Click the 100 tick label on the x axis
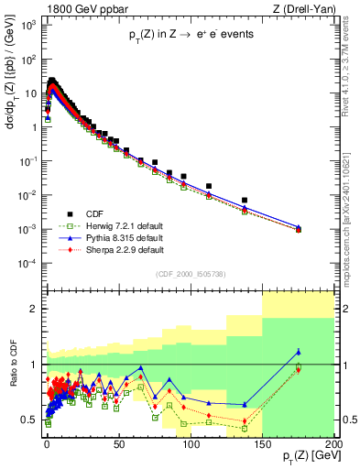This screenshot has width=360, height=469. (x=190, y=444)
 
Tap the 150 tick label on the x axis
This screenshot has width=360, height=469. (x=262, y=444)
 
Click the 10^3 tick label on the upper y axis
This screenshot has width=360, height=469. (x=28, y=24)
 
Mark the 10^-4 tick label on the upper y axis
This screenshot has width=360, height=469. (x=28, y=263)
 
